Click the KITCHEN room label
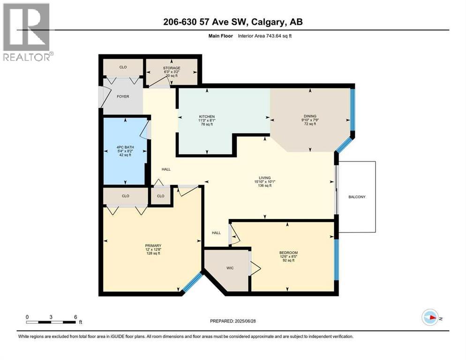(207, 116)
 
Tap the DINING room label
(310, 116)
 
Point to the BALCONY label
(357, 197)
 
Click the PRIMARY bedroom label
(153, 246)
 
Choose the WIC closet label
(230, 268)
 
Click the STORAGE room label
(172, 68)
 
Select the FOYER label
(123, 97)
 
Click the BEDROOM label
(288, 253)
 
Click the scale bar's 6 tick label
(75, 316)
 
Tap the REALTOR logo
(27, 32)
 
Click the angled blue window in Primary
(192, 284)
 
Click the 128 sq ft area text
(153, 254)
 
